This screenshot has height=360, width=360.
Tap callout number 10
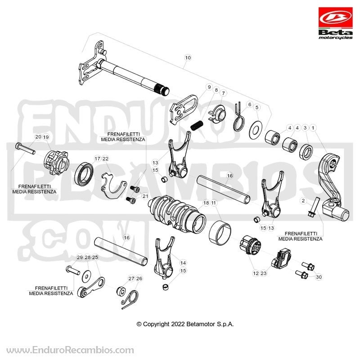point(188,58)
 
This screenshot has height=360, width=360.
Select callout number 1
point(313,128)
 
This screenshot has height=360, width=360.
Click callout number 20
point(38,137)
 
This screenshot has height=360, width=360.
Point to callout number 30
point(319,277)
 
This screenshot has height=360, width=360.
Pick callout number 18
point(206,203)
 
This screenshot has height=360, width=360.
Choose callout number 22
point(105,159)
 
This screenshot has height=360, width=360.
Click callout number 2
point(303,201)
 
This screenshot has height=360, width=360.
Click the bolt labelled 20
point(25,148)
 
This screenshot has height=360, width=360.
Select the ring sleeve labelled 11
point(220,232)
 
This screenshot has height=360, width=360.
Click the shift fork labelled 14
point(164,257)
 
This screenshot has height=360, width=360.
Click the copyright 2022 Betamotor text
point(185,324)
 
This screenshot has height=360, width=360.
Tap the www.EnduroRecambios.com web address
point(70,351)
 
